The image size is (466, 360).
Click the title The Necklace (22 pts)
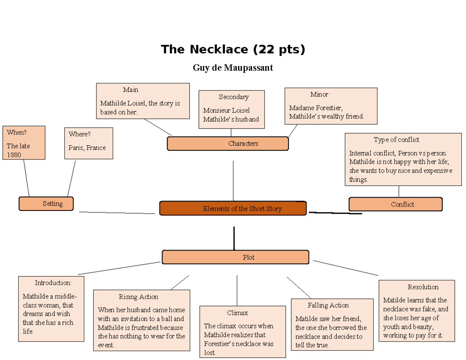point(233,50)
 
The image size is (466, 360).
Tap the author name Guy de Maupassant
point(233,68)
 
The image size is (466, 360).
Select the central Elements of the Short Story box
point(233,209)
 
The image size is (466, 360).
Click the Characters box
point(228,144)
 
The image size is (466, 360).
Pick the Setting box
point(46,203)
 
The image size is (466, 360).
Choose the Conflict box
point(395,204)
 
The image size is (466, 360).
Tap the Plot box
point(235,257)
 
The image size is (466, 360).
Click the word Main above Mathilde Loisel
point(130,90)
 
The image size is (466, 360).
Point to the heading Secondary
point(233,97)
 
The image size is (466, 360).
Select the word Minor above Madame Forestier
point(319,94)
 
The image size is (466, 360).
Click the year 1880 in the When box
point(14,155)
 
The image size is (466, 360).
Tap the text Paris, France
point(87,148)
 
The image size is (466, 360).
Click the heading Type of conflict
point(396,139)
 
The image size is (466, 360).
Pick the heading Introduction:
point(53,282)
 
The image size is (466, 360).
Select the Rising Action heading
point(138,297)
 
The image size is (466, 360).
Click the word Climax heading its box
point(237,313)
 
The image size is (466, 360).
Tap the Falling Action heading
point(328,305)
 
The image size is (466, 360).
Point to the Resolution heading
point(423,287)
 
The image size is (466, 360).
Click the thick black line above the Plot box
point(234,238)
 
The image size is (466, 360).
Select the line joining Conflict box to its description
point(399,191)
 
